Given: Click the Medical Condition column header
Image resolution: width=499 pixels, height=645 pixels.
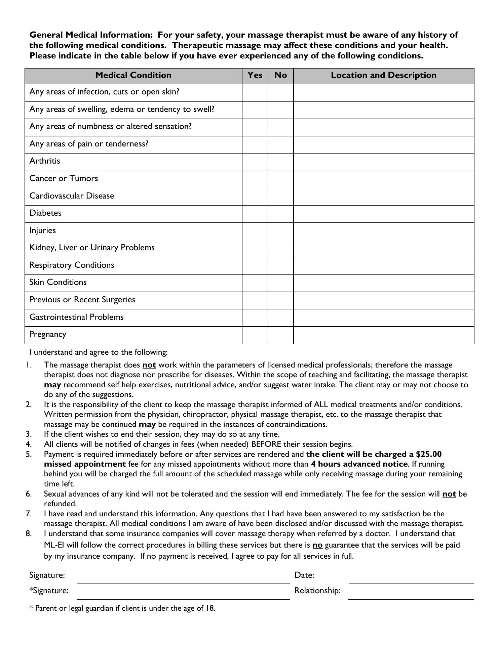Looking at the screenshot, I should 133,75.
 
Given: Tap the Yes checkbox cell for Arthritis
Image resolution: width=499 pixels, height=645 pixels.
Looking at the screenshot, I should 255,162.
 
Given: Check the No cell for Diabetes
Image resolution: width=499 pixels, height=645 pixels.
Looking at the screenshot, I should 280,214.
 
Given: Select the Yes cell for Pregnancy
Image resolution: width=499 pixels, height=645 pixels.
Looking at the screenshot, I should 255,335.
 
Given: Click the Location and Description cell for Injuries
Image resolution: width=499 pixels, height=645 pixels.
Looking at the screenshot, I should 384,231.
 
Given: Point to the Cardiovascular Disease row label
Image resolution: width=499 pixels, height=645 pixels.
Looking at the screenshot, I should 72,196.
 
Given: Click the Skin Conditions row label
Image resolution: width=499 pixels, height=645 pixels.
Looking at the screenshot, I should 58,282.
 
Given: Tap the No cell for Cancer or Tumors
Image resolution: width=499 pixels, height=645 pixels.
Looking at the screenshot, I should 280,179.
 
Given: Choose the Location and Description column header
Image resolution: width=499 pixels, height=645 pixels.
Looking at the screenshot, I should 384,75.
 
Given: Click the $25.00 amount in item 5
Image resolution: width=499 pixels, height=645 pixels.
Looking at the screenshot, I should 429,454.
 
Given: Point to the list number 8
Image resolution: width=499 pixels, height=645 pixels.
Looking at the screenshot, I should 29,533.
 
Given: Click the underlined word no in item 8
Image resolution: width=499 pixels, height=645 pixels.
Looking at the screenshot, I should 317,545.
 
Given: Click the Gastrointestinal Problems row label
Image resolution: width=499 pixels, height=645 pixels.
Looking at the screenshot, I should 76,317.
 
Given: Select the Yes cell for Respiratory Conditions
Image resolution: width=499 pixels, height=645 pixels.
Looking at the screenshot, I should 255,266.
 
